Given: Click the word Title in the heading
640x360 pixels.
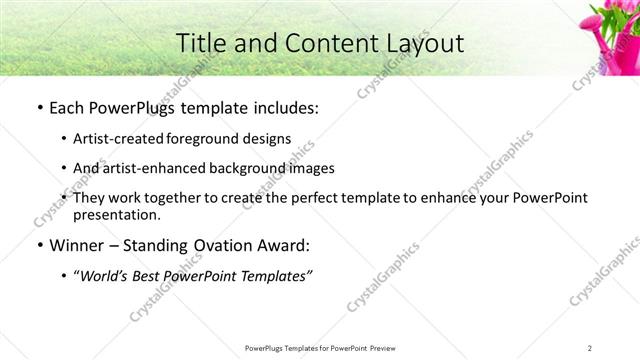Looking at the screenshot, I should point(203,43).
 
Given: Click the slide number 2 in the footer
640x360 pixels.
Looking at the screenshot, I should point(591,347).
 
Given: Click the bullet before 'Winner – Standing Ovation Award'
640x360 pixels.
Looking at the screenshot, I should point(37,244).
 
